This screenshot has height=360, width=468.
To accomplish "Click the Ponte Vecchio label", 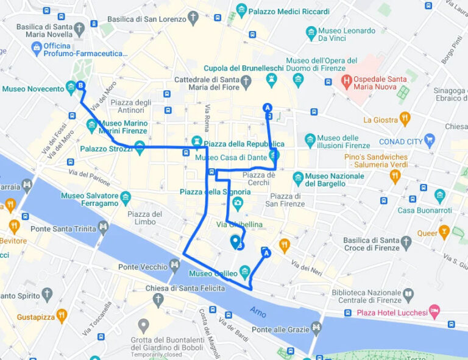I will click(x=143, y=267).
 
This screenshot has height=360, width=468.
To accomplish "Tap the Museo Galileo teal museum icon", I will click(x=245, y=270).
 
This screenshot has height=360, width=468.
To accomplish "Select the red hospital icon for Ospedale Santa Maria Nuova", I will click(x=347, y=80).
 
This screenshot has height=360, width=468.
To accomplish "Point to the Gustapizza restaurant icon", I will click(x=62, y=316).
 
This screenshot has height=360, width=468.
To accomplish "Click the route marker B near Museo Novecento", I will click(x=81, y=86).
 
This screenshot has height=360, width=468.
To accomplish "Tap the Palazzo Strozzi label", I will click(x=106, y=148).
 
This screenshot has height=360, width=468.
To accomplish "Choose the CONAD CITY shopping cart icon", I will click(x=430, y=141).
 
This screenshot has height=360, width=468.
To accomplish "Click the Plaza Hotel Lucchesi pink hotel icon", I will click(x=434, y=311).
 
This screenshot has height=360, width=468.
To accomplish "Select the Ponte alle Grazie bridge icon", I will click(x=317, y=329).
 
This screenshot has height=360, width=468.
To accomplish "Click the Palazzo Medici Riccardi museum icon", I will click(x=242, y=10).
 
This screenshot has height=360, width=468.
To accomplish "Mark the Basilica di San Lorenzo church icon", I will click(x=194, y=18).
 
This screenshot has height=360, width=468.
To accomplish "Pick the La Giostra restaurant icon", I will click(x=405, y=119).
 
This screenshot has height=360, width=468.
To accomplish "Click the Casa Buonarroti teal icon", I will click(x=440, y=196).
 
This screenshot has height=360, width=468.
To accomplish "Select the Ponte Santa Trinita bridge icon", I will click(x=104, y=228).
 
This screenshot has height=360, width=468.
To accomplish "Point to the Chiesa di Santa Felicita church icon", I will click(x=158, y=300).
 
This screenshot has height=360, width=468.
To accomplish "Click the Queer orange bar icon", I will click(x=443, y=232).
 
